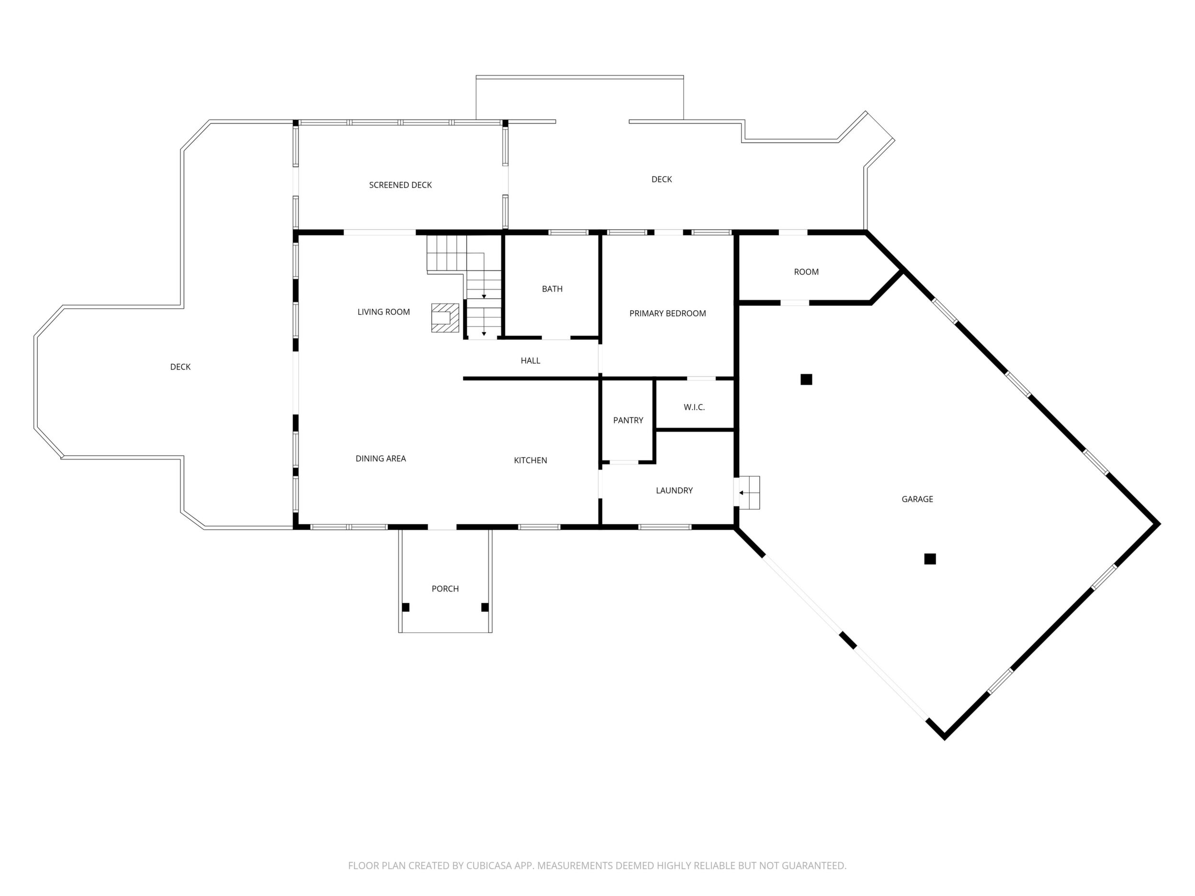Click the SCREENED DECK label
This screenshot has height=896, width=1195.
pos(400,185)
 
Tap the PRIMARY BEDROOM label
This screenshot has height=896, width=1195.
pos(667,313)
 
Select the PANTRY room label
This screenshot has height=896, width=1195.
pos(628,420)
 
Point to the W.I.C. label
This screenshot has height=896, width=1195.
pos(694,407)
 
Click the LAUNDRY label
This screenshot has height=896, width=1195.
pos(674,491)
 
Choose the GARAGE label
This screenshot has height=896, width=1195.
pos(917,499)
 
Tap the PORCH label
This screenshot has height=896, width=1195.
pos(445,589)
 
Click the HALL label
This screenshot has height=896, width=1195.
pos(530,361)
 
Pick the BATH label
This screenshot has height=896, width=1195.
pos(552,289)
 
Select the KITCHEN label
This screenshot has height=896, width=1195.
pos(530,460)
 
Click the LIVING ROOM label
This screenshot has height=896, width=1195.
pos(383,312)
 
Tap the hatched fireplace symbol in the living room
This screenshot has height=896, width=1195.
pos(445,317)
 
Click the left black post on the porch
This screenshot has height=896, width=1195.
pos(406,607)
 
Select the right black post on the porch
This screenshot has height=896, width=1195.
pos(485,607)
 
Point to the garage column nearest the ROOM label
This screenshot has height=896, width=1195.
pos(806,380)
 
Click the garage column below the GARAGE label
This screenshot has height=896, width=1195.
pos(930,559)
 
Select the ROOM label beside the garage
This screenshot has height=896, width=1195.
pos(806,272)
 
